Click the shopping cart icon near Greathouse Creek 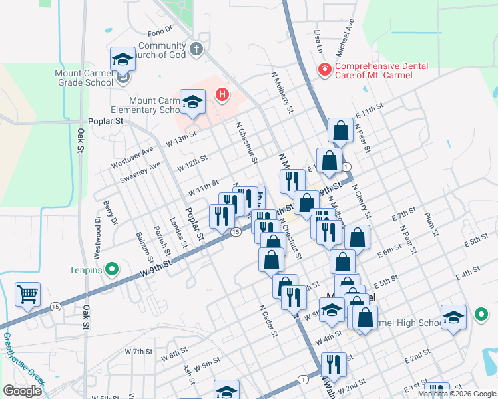pyautogui.click(x=27, y=293)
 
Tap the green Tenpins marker pyautogui.click(x=112, y=270)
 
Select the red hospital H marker pyautogui.click(x=222, y=96)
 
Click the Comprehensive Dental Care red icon pyautogui.click(x=325, y=69)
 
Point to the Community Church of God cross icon pyautogui.click(x=196, y=49)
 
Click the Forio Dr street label pyautogui.click(x=160, y=30)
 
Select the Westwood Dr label pyautogui.click(x=98, y=230)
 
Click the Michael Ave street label pyautogui.click(x=345, y=42)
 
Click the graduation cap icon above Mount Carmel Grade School pyautogui.click(x=123, y=60)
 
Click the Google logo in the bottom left pyautogui.click(x=22, y=391)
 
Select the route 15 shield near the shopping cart pyautogui.click(x=55, y=306)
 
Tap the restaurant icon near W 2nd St pyautogui.click(x=334, y=364)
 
